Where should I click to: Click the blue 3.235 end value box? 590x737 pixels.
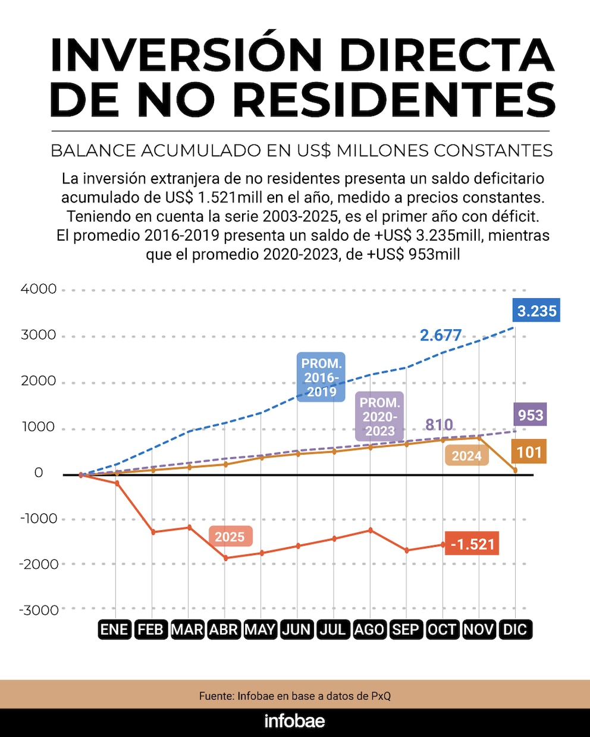[x=536, y=310]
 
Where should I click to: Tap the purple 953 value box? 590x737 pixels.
[x=531, y=414]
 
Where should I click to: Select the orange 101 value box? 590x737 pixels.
[x=529, y=452]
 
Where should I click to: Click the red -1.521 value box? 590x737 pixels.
[x=472, y=544]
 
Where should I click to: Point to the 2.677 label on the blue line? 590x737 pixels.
[x=441, y=335]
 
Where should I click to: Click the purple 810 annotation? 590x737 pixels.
[x=439, y=424]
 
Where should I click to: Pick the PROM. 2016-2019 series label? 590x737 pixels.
[x=321, y=377]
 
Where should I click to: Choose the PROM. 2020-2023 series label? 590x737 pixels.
[x=379, y=416]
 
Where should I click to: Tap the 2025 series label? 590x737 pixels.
[x=231, y=536]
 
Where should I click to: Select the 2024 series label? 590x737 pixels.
[x=466, y=456]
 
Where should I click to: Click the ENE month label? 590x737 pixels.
[x=115, y=629]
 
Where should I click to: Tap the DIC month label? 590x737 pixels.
[x=515, y=629]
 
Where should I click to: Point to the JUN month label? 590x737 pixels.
[x=297, y=629]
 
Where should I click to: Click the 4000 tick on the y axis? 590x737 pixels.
[x=39, y=289]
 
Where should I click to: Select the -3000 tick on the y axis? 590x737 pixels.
[x=39, y=610]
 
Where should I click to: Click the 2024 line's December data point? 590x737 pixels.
[x=515, y=470]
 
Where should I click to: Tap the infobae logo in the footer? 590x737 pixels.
[x=295, y=721]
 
